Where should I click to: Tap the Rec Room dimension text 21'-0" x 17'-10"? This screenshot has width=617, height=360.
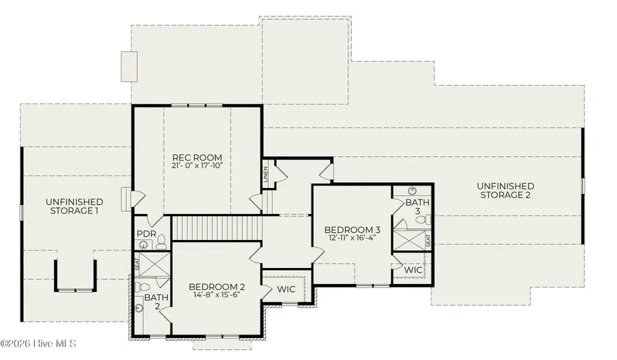tap(197, 165)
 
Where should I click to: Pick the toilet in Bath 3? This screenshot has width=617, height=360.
tap(427, 220)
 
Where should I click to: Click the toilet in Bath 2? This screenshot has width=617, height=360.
tap(138, 286)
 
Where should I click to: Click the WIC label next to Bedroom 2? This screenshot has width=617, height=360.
tap(287, 289)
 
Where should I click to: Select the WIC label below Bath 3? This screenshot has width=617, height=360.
tap(413, 271)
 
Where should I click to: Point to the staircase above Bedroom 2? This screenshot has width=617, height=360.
tap(217, 227)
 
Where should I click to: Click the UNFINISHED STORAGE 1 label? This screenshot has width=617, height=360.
tap(75, 206)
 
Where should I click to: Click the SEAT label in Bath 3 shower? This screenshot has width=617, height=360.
tap(429, 241)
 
